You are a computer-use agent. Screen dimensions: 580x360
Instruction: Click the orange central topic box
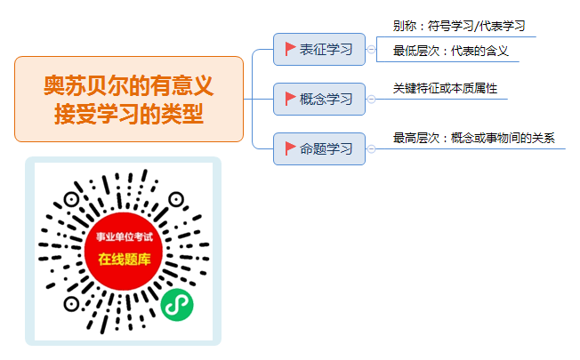click(x=129, y=99)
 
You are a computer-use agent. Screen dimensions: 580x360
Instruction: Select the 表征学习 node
click(x=319, y=49)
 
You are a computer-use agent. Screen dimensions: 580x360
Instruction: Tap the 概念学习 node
click(x=319, y=99)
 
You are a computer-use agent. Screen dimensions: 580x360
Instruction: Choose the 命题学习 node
click(x=319, y=149)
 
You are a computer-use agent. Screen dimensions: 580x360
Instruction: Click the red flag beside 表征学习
click(x=290, y=49)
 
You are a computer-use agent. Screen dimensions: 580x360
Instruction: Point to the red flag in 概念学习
click(x=290, y=99)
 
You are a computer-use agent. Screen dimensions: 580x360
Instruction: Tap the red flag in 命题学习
click(x=290, y=148)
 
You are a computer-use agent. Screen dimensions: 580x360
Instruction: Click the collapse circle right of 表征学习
click(x=371, y=49)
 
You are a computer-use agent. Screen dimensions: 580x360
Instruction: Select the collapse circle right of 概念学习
click(x=371, y=99)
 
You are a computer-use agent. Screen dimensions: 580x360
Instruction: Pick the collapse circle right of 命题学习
click(x=371, y=149)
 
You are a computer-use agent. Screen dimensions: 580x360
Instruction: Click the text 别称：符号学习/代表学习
click(x=459, y=26)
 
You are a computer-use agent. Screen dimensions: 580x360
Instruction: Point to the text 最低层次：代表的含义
click(x=450, y=51)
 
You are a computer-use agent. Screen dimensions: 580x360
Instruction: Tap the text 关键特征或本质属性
click(x=445, y=88)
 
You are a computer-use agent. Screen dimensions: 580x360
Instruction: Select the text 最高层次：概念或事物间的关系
click(x=474, y=138)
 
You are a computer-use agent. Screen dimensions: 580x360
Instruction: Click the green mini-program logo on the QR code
click(x=177, y=305)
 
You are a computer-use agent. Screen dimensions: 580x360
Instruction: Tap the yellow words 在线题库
click(x=125, y=259)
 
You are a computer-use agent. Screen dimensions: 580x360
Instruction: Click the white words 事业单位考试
click(x=125, y=236)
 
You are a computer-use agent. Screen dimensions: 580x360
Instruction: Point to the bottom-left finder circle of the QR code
click(x=71, y=304)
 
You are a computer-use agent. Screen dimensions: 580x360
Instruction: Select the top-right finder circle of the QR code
click(x=176, y=200)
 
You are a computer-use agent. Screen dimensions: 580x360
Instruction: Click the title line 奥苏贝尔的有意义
click(x=129, y=85)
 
